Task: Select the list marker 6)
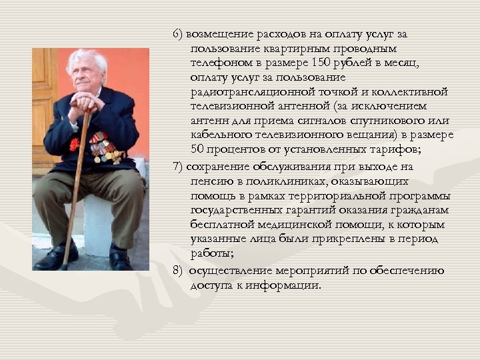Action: point(178,33)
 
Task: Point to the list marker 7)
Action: point(178,167)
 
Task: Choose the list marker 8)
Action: point(178,271)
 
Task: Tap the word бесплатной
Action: point(219,225)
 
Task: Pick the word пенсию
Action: point(209,181)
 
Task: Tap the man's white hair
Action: point(87,59)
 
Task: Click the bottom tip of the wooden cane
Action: point(63,267)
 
